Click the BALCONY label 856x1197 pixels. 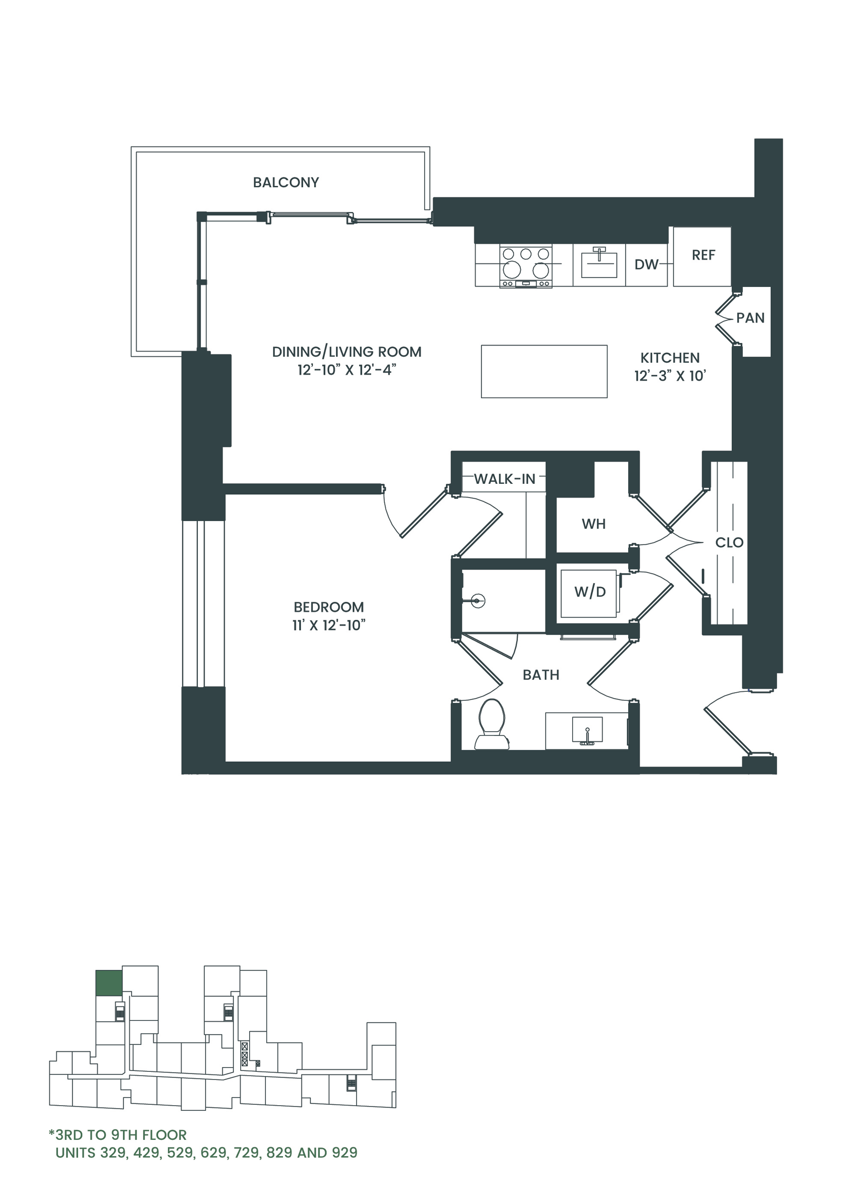[286, 182]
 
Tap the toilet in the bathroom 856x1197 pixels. [492, 724]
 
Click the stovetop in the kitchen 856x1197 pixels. [525, 266]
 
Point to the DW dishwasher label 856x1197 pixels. [646, 265]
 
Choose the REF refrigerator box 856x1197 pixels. [702, 257]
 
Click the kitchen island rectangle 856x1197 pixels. [544, 371]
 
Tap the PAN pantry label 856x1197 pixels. [750, 318]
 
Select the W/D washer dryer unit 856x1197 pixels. [589, 593]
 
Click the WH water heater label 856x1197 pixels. [593, 524]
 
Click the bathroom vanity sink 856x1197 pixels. [587, 730]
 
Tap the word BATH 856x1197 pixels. [541, 675]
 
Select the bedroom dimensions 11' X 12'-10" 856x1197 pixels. [329, 626]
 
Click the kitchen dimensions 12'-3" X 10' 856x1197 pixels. [670, 376]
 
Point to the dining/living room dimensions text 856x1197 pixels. [346, 370]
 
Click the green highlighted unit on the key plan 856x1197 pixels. [108, 982]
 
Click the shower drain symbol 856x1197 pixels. [478, 600]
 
